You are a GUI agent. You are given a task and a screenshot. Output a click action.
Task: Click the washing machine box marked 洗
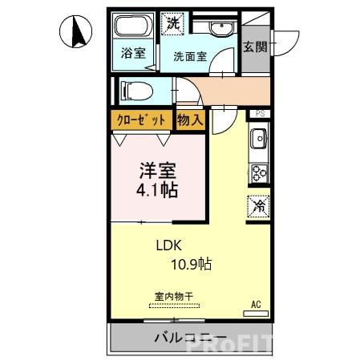click(173, 23)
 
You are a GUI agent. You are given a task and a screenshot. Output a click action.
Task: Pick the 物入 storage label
click(191, 120)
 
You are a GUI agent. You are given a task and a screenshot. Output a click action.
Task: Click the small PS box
click(259, 114)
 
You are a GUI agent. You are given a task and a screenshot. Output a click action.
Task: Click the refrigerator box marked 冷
click(259, 205)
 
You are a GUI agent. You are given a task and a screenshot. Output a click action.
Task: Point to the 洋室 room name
click(156, 171)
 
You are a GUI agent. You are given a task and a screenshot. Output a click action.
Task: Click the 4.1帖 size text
click(156, 191)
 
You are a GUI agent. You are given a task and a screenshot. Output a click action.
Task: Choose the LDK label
click(169, 247)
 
